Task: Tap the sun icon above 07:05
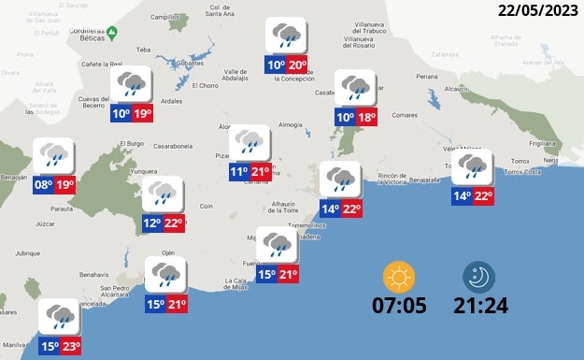point(399,277)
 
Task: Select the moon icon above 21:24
point(480,277)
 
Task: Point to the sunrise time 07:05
point(399,305)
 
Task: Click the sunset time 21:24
point(480,305)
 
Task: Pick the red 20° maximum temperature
point(297,65)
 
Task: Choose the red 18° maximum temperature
point(367,117)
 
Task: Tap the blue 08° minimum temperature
point(43,185)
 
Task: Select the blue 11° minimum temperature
point(239,172)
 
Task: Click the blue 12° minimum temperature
point(152,223)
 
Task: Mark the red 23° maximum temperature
point(70,347)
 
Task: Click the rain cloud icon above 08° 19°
point(53,154)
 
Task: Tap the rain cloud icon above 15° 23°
point(60,316)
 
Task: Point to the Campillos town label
point(164,17)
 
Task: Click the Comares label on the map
point(405,115)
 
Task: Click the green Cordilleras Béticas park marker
point(111,33)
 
